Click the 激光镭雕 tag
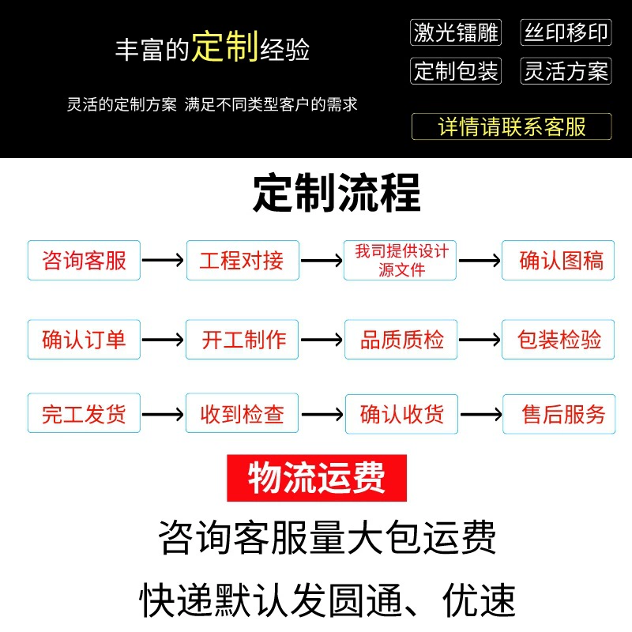[456, 32]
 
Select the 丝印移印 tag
[566, 32]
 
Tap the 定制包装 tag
[456, 71]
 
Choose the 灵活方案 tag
[566, 71]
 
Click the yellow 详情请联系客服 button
[511, 126]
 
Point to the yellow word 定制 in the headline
[225, 47]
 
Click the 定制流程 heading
[337, 193]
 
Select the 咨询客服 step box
[84, 260]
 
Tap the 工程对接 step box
[243, 260]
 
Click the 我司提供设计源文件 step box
[400, 260]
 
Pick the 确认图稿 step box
[558, 260]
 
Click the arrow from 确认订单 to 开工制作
[163, 340]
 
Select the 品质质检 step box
[401, 340]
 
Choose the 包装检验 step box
[558, 340]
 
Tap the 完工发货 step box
[84, 413]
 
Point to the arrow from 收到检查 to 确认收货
[322, 414]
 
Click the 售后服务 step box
[559, 414]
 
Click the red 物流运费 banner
[317, 478]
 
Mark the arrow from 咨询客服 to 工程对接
[163, 260]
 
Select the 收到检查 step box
[242, 413]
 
